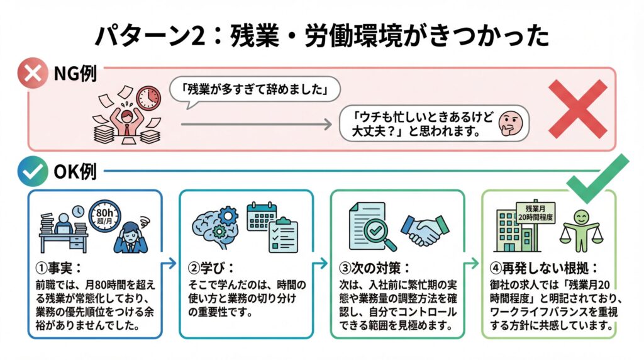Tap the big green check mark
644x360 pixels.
(597, 179)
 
